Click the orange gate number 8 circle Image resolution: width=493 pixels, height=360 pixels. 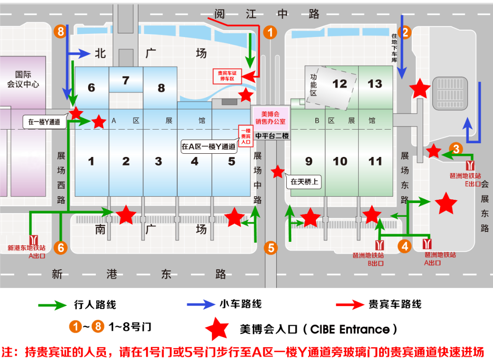[x=60, y=31]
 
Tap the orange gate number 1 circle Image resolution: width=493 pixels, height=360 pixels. [x=270, y=32]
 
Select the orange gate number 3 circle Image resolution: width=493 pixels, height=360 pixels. [x=456, y=148]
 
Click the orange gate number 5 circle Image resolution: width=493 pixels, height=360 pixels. [x=271, y=248]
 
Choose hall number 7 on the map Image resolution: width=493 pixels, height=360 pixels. [x=126, y=81]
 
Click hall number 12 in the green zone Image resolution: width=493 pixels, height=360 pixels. [x=340, y=84]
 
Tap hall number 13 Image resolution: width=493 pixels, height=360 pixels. [x=375, y=84]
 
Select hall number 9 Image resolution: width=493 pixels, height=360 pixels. [x=309, y=161]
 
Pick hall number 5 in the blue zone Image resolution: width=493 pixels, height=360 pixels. [x=231, y=161]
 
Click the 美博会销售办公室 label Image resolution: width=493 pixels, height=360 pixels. [x=270, y=118]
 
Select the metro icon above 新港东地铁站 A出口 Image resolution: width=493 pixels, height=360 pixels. [x=33, y=240]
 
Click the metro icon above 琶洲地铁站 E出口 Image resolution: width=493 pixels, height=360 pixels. [x=470, y=165]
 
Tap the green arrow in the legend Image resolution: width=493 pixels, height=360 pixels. [x=53, y=304]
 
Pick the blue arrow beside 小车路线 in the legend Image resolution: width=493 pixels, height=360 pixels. [x=201, y=304]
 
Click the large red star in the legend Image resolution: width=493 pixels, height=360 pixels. [x=216, y=329]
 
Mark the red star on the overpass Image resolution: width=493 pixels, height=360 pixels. [x=278, y=172]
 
